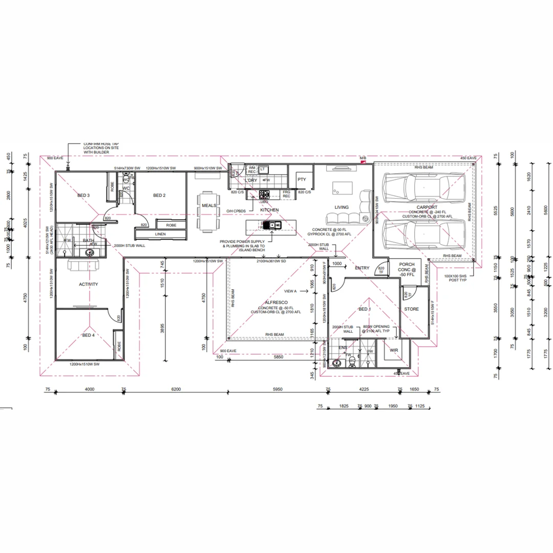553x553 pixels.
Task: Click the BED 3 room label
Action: tap(83, 196)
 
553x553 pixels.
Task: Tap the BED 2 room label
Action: tap(159, 196)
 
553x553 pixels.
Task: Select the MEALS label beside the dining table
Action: tap(209, 206)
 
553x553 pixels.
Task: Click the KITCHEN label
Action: tap(269, 210)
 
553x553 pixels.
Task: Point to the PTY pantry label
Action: tap(302, 180)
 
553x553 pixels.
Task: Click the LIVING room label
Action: tap(342, 207)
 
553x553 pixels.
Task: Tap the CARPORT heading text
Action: tap(427, 207)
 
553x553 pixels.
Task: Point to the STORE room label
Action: tap(411, 309)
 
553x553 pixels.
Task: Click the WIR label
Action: tap(394, 351)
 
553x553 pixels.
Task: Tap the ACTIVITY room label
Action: tap(88, 285)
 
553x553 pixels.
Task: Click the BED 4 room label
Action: tap(88, 335)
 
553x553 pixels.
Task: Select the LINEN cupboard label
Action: tap(160, 235)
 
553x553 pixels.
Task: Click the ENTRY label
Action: tap(362, 268)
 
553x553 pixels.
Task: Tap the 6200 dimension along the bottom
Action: tap(176, 390)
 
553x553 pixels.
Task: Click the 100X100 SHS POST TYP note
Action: tap(456, 278)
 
